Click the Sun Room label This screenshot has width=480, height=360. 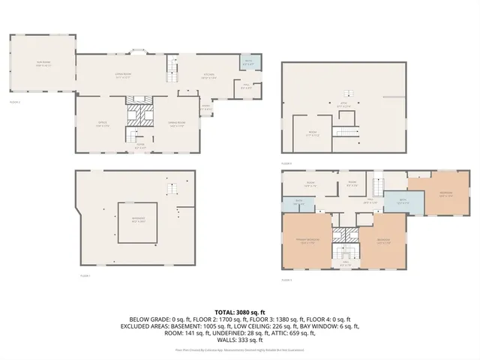click(x=40, y=64)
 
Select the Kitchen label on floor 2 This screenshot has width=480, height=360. click(x=210, y=75)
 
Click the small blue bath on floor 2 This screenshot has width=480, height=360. click(x=247, y=62)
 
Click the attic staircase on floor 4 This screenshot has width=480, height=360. click(x=346, y=133)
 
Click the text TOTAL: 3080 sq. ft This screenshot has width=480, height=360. click(x=239, y=311)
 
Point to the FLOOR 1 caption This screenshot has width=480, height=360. click(x=85, y=276)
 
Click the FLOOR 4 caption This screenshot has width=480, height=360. click(x=286, y=162)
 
